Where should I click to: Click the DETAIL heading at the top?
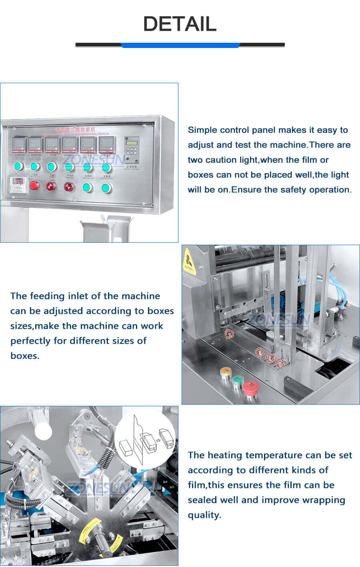(180, 24)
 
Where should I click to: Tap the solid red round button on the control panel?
(35, 185)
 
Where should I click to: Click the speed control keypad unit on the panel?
(132, 149)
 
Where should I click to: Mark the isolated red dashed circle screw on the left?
(229, 334)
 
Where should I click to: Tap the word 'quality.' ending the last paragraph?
(204, 515)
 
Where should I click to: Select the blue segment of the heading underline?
(180, 45)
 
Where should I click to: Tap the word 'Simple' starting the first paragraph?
(202, 130)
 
